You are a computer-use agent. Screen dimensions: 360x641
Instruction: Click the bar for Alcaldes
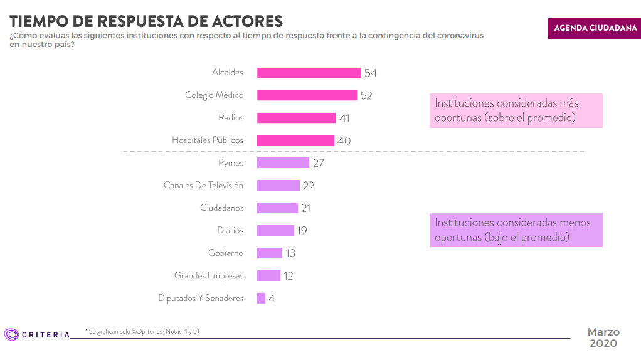pyautogui.click(x=309, y=73)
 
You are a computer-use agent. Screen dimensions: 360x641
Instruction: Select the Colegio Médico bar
pyautogui.click(x=307, y=95)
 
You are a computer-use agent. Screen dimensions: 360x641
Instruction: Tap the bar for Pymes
pyautogui.click(x=283, y=163)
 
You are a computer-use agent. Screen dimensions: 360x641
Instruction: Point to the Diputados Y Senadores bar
pyautogui.click(x=261, y=299)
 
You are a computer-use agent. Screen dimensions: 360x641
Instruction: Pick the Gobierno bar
pyautogui.click(x=270, y=253)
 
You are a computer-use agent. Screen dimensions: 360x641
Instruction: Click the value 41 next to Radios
pyautogui.click(x=344, y=118)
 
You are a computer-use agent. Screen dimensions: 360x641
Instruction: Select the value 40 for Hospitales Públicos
pyautogui.click(x=344, y=140)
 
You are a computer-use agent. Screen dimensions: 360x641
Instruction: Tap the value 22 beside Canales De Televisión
pyautogui.click(x=308, y=186)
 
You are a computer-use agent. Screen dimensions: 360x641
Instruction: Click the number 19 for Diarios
pyautogui.click(x=302, y=231)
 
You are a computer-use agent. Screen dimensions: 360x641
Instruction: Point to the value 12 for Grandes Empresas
pyautogui.click(x=288, y=276)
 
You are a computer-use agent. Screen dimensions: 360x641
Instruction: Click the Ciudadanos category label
pyautogui.click(x=221, y=208)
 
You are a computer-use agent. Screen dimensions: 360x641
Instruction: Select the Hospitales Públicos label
pyautogui.click(x=208, y=140)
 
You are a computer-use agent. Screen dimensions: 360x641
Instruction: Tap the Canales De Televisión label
pyautogui.click(x=203, y=185)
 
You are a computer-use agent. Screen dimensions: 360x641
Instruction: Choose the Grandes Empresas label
pyautogui.click(x=209, y=275)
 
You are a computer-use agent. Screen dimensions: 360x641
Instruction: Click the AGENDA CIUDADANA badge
pyautogui.click(x=595, y=28)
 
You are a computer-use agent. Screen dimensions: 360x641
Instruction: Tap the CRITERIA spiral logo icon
pyautogui.click(x=11, y=334)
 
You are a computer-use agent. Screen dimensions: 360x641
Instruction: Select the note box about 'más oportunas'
pyautogui.click(x=516, y=110)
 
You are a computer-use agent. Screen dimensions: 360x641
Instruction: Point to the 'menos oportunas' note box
pyautogui.click(x=516, y=230)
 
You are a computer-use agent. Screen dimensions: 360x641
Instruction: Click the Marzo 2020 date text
pyautogui.click(x=603, y=337)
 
